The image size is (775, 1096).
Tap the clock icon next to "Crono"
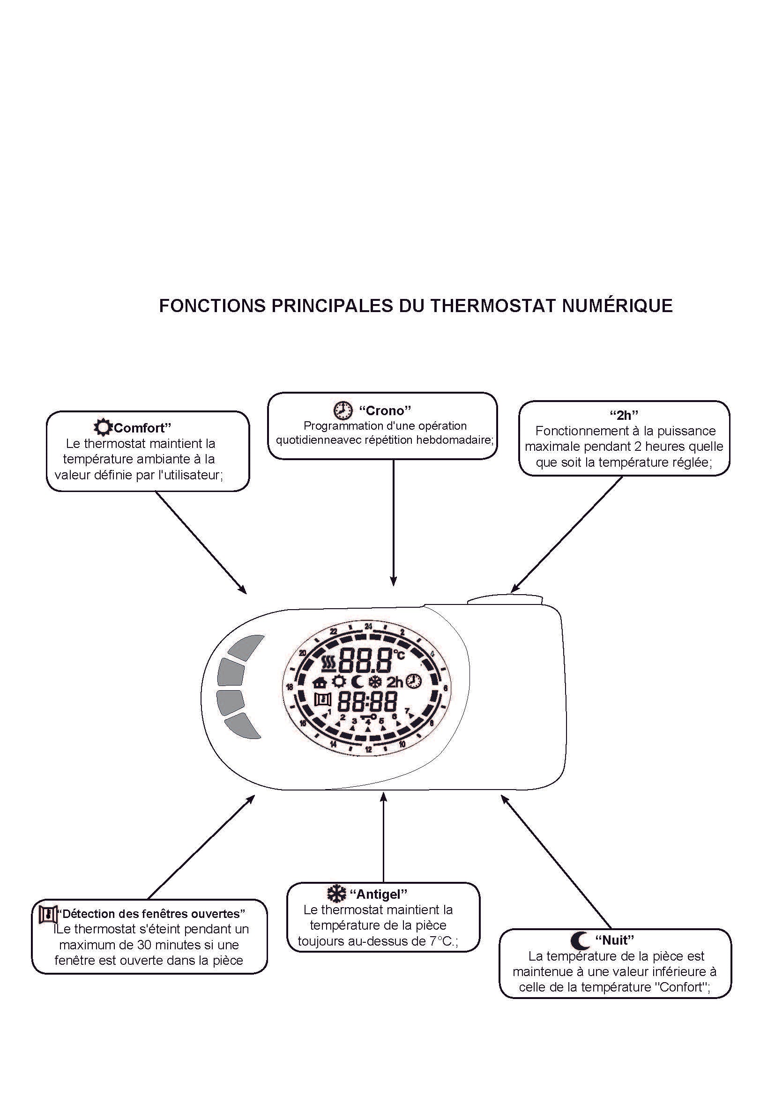(342, 410)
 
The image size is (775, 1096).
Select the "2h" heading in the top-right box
(624, 415)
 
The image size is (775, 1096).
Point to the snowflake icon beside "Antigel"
(336, 894)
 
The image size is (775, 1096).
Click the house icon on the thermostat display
(319, 683)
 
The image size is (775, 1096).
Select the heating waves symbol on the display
(328, 662)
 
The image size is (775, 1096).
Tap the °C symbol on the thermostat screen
(399, 655)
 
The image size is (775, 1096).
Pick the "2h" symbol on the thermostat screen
(395, 683)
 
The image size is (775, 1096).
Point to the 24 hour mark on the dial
(368, 626)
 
